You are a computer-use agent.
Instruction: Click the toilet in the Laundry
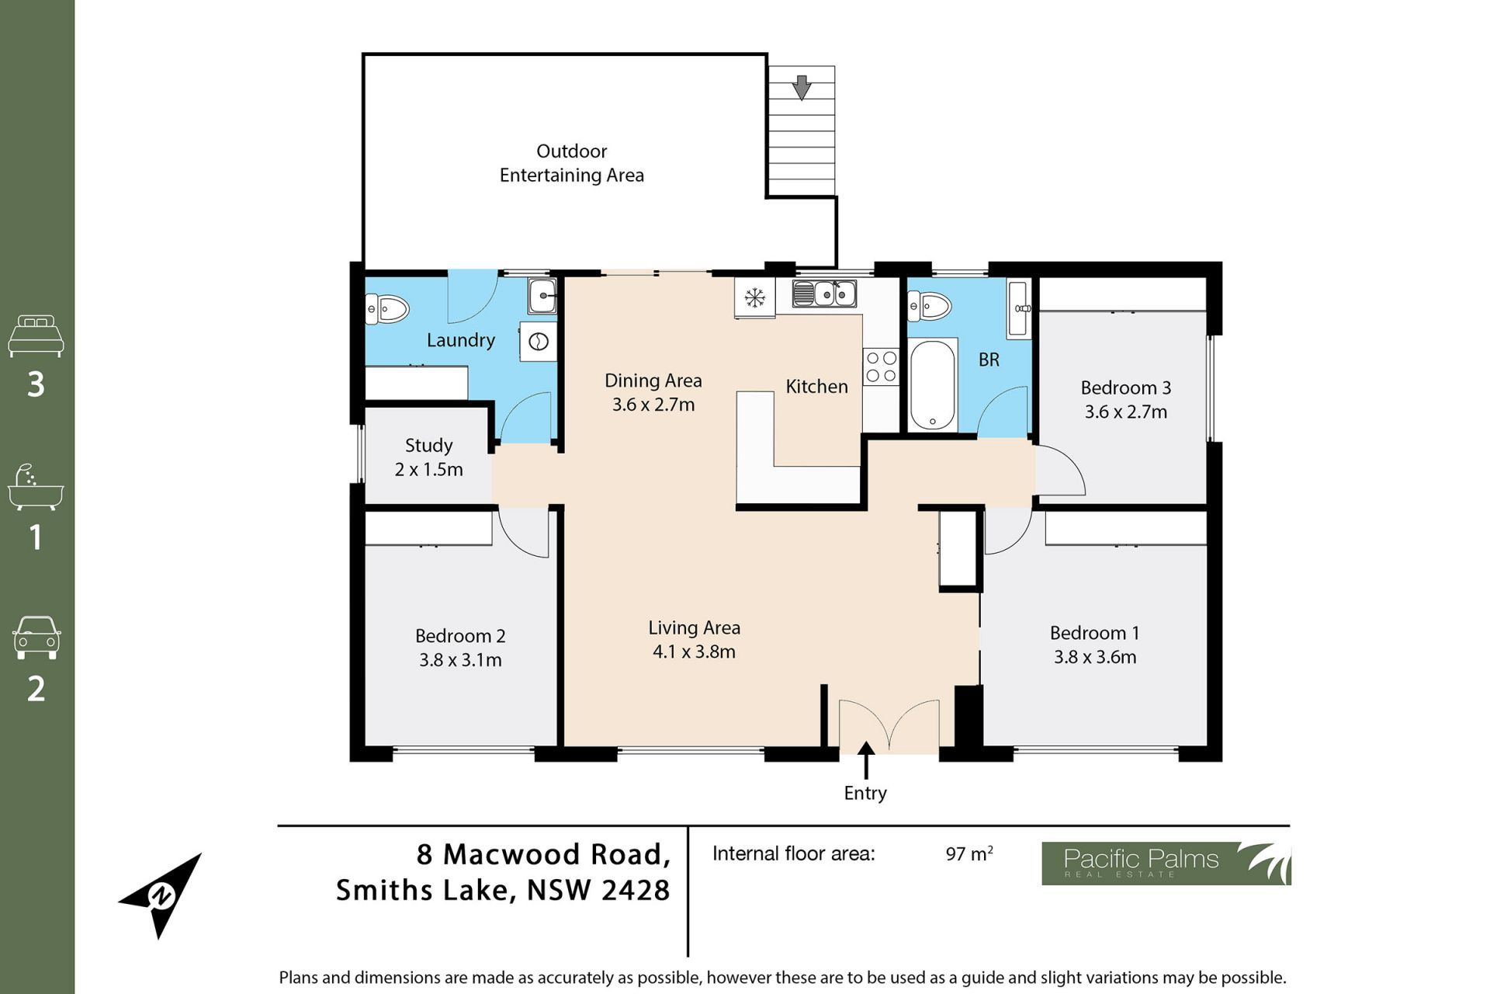coord(387,308)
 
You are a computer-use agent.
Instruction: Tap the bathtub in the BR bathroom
coord(932,384)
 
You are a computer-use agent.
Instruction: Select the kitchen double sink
coord(824,294)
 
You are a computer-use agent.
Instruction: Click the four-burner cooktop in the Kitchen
coord(881,367)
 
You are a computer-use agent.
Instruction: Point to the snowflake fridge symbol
coord(754,297)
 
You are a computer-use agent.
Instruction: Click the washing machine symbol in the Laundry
coord(539,342)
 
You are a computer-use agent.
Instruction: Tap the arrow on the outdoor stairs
coord(802,87)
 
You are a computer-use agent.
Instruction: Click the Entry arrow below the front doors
coord(865,760)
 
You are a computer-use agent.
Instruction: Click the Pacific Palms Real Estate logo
coord(1166,864)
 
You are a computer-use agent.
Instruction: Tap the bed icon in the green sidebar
coord(36,335)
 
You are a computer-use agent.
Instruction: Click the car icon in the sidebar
coord(36,638)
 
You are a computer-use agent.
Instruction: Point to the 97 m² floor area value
coord(969,853)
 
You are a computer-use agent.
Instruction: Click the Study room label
coord(428,445)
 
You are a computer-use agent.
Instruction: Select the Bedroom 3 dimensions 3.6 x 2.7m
coord(1126,412)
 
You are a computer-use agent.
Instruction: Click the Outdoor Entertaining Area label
coord(572,163)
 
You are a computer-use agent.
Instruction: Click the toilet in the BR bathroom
coord(930,305)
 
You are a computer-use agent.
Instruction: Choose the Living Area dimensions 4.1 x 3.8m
coord(694,652)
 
